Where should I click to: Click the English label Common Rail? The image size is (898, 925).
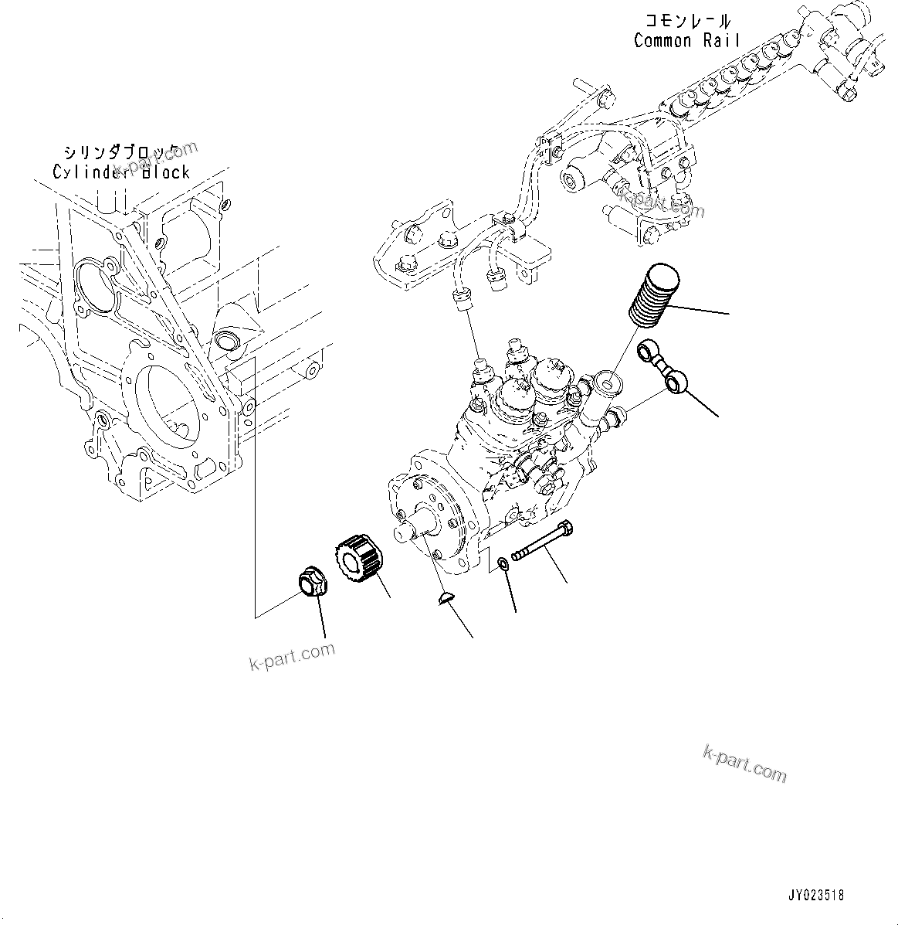pos(686,40)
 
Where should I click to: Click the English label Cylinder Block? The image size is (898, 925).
pos(120,172)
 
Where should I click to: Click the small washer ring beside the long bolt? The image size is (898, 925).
pos(503,564)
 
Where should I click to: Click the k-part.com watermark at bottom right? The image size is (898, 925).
pos(744,763)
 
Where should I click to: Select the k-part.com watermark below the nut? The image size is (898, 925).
pos(292,657)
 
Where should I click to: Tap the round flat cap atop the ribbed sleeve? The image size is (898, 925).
pos(663,274)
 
